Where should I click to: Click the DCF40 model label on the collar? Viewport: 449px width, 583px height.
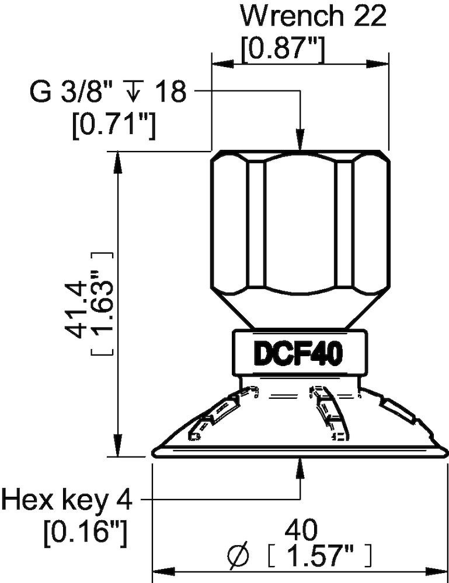click(x=297, y=353)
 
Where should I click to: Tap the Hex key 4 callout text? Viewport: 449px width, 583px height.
click(x=67, y=500)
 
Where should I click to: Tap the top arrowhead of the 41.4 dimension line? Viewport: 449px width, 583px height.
click(x=117, y=161)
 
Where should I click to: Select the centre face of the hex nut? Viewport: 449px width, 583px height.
click(x=300, y=224)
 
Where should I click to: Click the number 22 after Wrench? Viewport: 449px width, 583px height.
click(x=368, y=17)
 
